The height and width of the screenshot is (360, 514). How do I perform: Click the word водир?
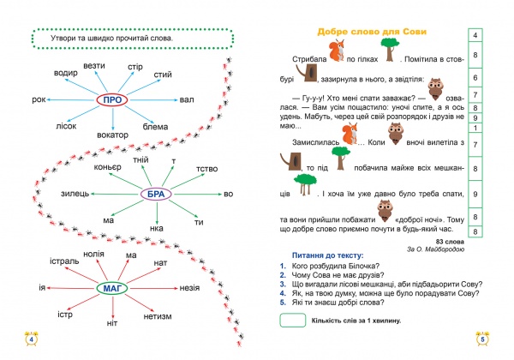pos(67,72)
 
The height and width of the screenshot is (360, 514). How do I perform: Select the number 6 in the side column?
pos(475,77)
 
